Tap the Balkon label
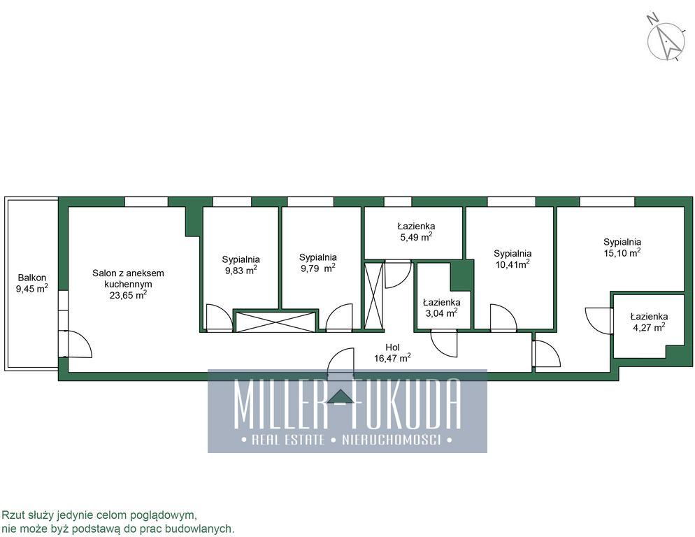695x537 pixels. (32, 278)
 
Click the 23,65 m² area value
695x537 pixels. (128, 295)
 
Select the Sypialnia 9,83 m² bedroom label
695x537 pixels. (241, 265)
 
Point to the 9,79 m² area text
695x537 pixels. (318, 268)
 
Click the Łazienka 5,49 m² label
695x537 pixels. (416, 231)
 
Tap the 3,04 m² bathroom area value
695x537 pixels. (441, 313)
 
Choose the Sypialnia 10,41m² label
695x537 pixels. (513, 259)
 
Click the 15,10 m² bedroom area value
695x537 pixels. (622, 252)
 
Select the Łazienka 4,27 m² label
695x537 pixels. (649, 322)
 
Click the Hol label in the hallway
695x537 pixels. (392, 348)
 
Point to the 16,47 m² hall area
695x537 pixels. (392, 358)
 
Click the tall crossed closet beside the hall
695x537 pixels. (373, 296)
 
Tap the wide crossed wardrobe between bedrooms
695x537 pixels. (275, 322)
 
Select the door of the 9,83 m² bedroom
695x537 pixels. (220, 317)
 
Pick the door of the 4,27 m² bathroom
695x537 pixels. (599, 321)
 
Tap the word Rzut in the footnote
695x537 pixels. (11, 515)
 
